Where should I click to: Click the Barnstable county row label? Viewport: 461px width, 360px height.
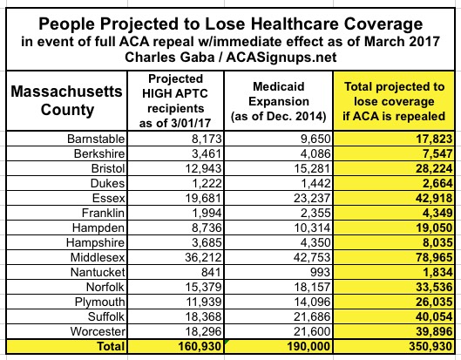point(96,139)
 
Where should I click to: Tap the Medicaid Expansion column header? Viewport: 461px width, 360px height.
point(278,101)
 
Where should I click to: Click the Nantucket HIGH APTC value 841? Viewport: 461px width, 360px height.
point(211,272)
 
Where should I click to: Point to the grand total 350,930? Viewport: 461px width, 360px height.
point(430,346)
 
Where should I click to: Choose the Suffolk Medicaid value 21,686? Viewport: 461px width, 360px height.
point(312,316)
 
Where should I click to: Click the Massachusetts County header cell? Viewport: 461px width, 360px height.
point(67,100)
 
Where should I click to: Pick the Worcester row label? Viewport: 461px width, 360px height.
point(98,331)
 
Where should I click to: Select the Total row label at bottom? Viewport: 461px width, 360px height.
point(111,346)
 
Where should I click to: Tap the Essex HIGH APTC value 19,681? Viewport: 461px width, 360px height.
point(203,198)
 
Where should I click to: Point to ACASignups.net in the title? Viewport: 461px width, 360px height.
point(281,57)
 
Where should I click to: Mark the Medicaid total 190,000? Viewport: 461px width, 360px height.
point(308,346)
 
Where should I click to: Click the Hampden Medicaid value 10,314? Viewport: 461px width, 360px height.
point(312,228)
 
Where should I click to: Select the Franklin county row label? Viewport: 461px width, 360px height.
point(103,213)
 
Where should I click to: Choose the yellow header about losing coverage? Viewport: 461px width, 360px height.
point(394,101)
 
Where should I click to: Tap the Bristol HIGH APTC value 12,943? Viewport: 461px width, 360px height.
point(203,168)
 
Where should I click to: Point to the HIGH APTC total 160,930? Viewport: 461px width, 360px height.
point(200,346)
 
